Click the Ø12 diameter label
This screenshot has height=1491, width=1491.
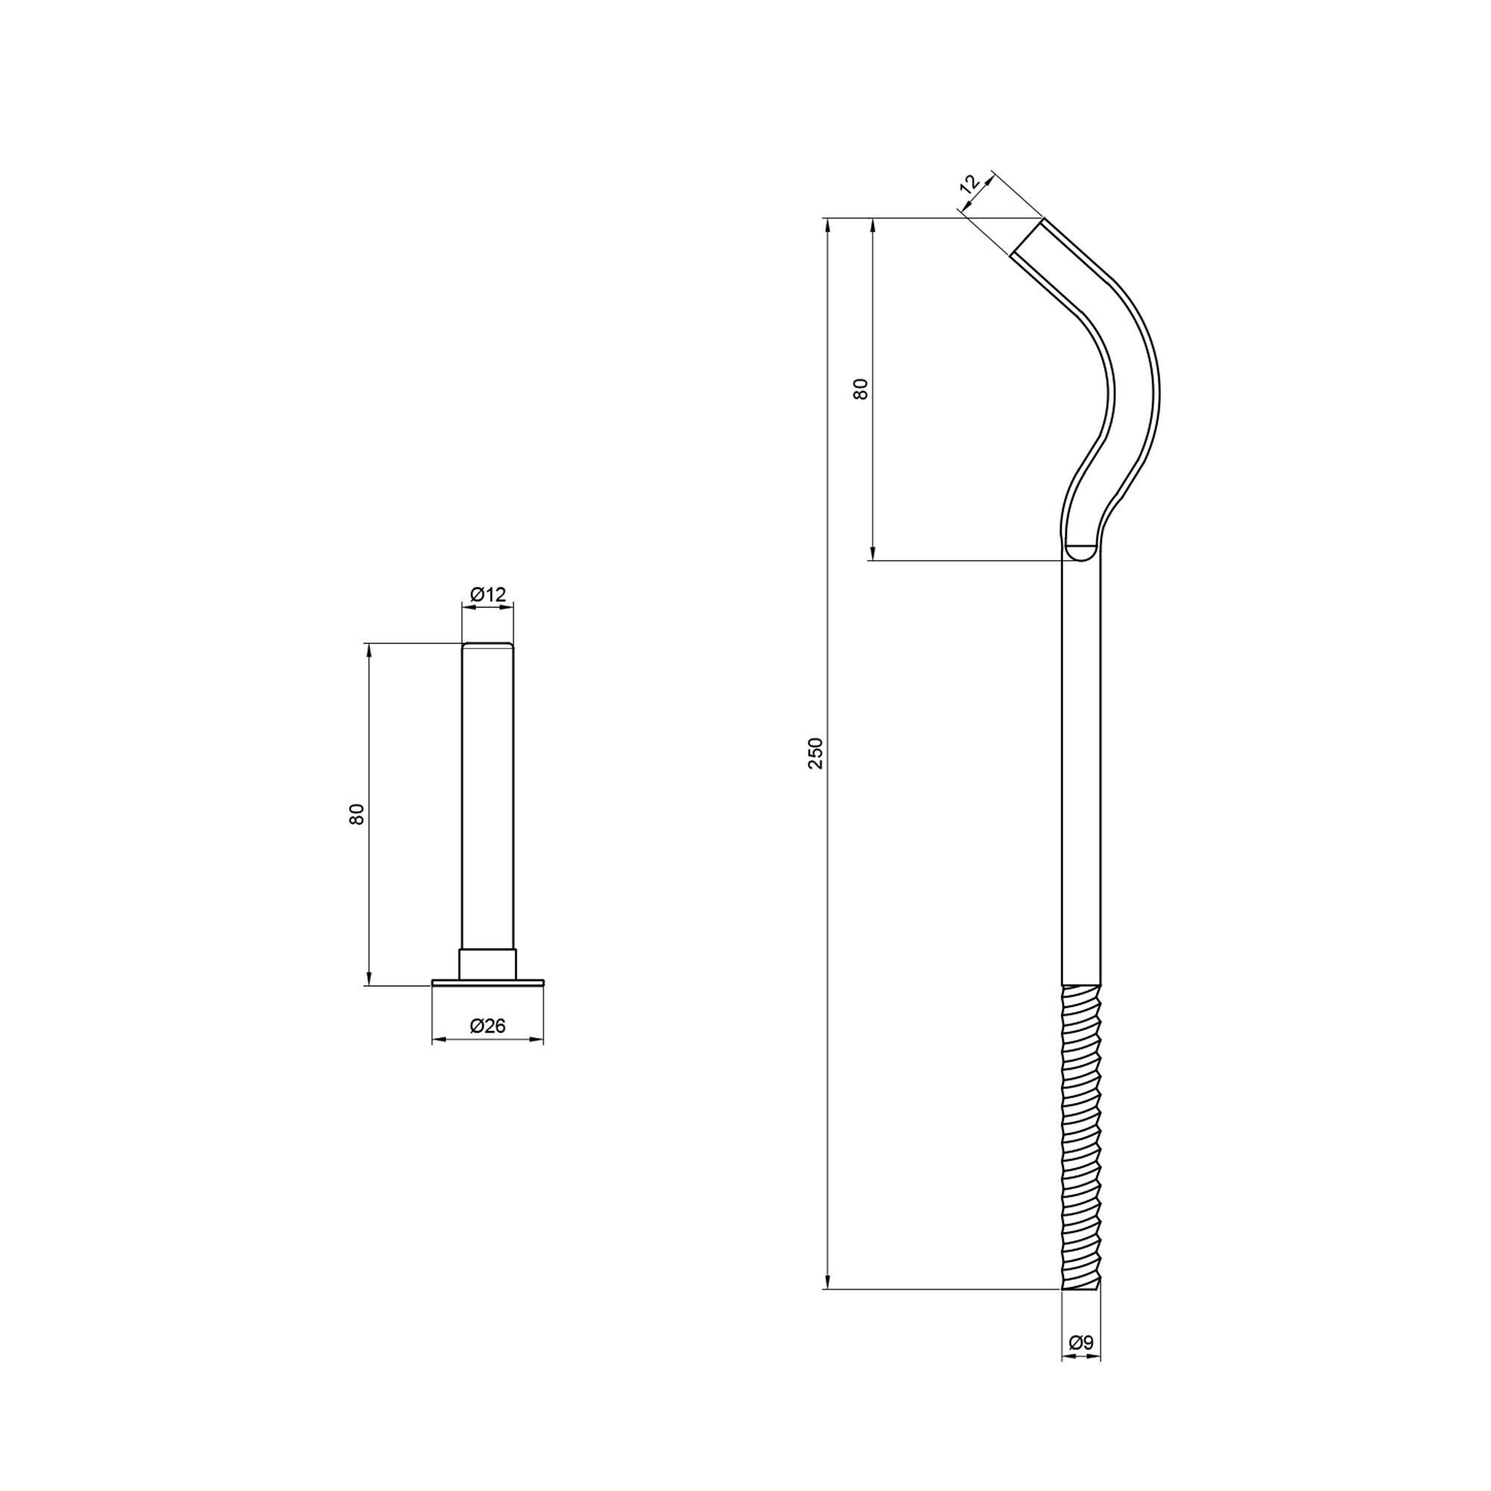point(488,593)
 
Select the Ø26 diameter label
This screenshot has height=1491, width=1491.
point(488,1026)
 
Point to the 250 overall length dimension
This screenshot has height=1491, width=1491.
point(816,753)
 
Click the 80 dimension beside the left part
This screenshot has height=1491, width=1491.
point(356,814)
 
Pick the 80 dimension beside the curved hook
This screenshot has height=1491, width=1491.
point(860,388)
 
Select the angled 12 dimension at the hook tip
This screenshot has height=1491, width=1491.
point(969,183)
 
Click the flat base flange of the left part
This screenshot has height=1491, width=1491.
point(488,982)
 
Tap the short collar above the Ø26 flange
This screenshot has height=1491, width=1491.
point(488,964)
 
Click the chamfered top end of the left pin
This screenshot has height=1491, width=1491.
point(488,645)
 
